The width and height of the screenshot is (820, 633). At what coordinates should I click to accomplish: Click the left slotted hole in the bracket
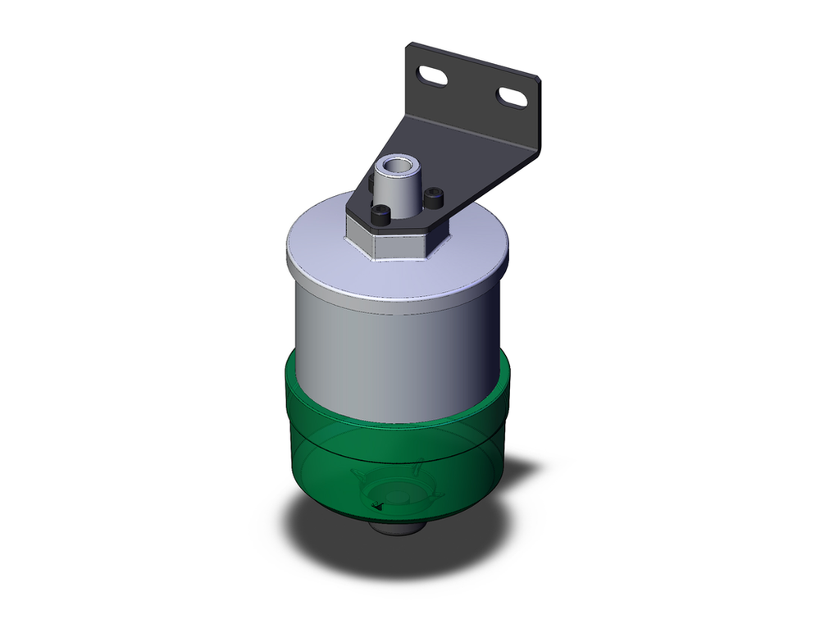[433, 78]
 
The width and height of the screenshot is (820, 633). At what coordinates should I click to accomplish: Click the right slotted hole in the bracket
[512, 98]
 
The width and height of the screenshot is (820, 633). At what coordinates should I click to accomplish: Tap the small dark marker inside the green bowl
[379, 508]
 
